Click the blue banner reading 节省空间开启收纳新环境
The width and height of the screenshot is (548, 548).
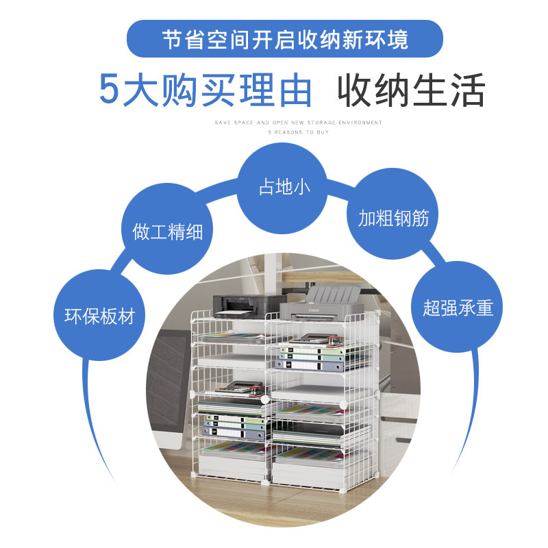pos(284,38)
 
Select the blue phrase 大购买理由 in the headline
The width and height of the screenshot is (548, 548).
pos(217,90)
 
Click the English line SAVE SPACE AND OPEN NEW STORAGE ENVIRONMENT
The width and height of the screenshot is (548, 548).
pos(298,123)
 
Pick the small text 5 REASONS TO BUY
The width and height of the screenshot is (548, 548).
pos(298,132)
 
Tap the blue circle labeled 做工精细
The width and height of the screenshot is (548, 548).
pos(168,230)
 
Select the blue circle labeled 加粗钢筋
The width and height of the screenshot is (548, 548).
pos(393,218)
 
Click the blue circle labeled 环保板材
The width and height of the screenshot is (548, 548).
pos(99,316)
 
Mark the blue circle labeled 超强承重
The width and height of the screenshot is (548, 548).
pos(458,308)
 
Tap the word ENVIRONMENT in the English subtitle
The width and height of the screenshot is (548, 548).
pos(361,123)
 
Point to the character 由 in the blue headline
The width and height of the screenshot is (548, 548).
pos(295,90)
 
